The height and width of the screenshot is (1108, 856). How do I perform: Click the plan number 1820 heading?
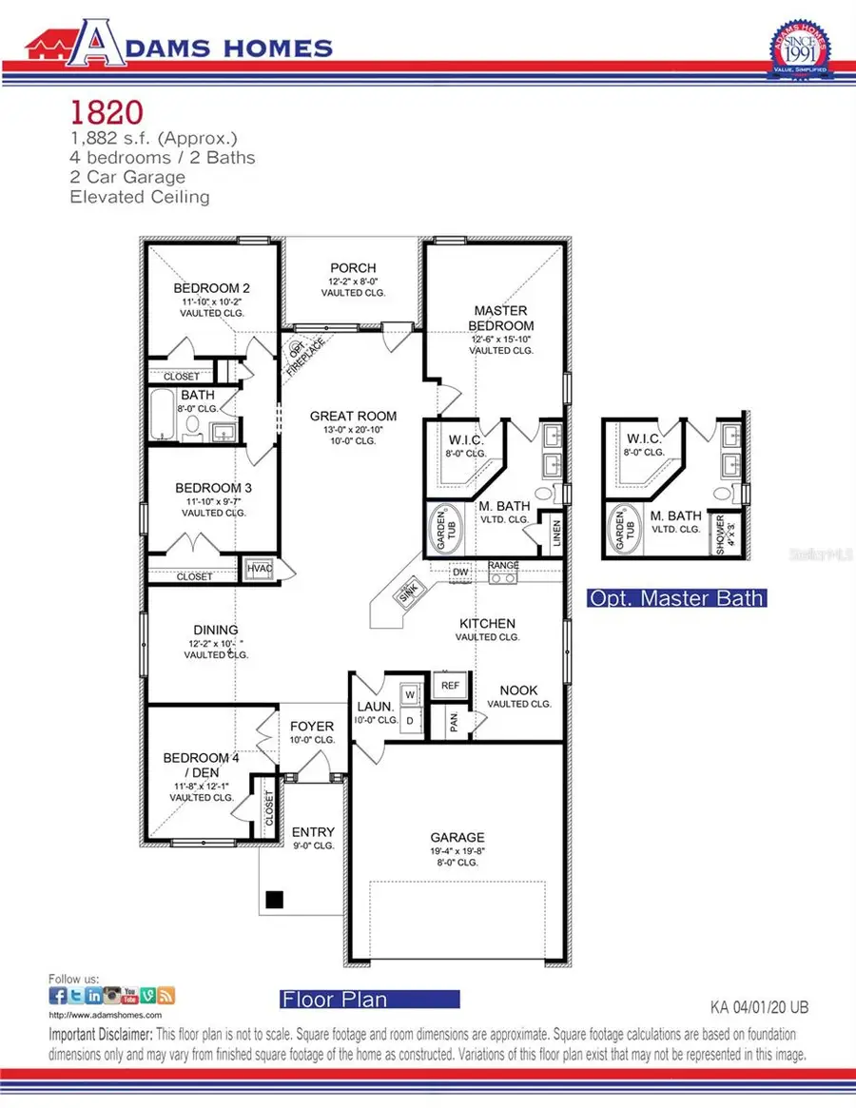106,112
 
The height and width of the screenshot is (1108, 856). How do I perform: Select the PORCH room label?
353,268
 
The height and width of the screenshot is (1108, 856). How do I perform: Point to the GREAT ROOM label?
353,416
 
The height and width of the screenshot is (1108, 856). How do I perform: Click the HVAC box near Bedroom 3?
259,568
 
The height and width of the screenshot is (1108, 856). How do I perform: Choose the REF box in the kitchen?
450,684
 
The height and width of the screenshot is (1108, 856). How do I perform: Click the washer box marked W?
411,693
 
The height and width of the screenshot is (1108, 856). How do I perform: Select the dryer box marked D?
411,720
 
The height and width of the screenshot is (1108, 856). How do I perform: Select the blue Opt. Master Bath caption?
676,598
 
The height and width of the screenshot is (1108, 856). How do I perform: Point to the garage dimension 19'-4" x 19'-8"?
457,851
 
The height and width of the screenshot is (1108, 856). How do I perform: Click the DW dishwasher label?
460,572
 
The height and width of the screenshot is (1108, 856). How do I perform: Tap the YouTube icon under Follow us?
132,995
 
